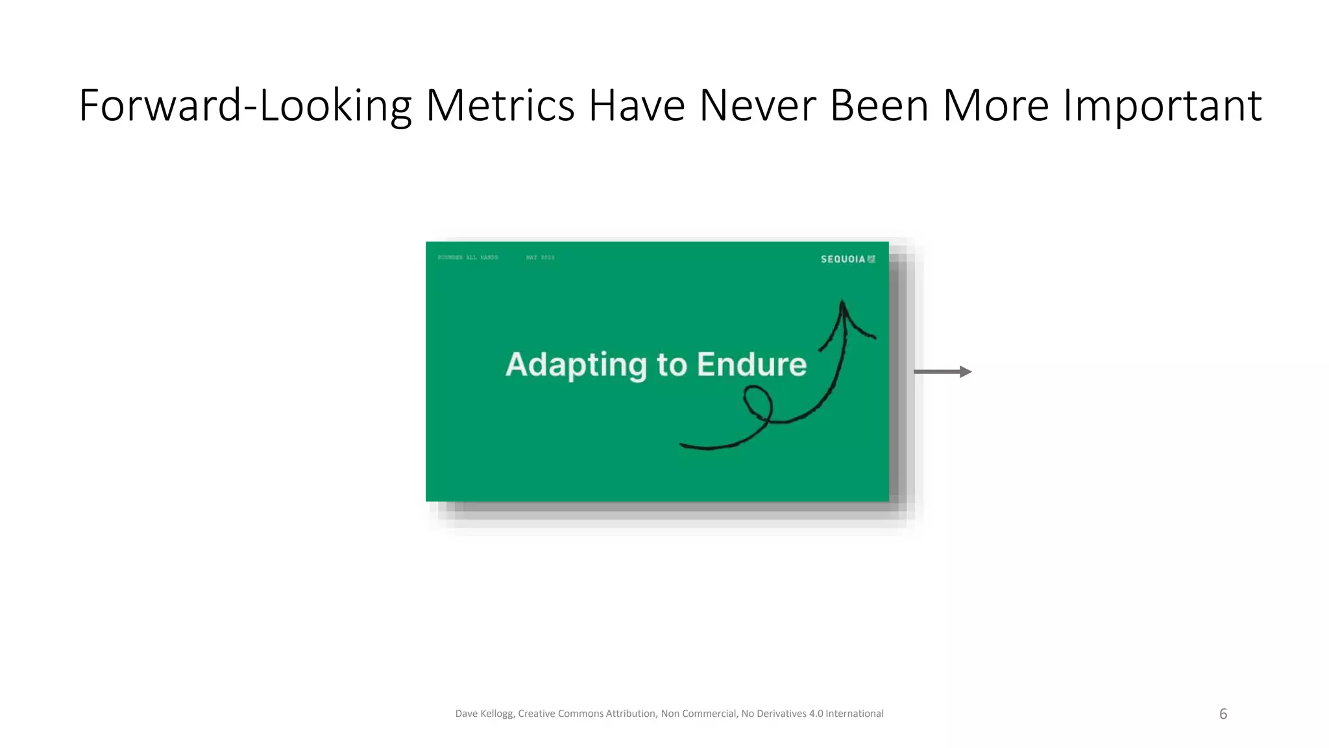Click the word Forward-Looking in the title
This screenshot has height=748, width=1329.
pyautogui.click(x=245, y=106)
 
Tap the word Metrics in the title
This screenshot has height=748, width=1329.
pyautogui.click(x=500, y=106)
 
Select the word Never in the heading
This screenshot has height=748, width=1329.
pyautogui.click(x=757, y=106)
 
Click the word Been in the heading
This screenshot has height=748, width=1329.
pyautogui.click(x=879, y=106)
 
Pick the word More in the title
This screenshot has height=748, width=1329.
pyautogui.click(x=995, y=106)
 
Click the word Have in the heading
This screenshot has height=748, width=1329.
pyautogui.click(x=637, y=106)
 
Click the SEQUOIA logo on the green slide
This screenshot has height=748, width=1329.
pyautogui.click(x=847, y=259)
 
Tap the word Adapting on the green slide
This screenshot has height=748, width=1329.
pyautogui.click(x=576, y=365)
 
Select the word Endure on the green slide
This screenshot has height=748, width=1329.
pyautogui.click(x=751, y=364)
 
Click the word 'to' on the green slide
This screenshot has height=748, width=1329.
pyautogui.click(x=671, y=365)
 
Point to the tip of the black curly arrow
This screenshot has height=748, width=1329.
pyautogui.click(x=842, y=302)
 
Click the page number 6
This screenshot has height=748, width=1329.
pyautogui.click(x=1223, y=714)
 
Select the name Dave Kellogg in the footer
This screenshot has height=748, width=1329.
pyautogui.click(x=484, y=714)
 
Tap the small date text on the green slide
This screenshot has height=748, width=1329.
pyautogui.click(x=540, y=258)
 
